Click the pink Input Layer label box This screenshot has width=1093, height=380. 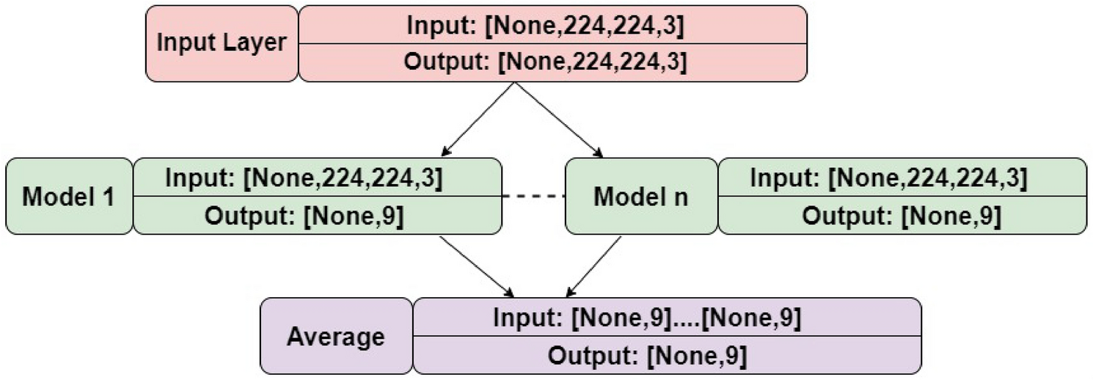(x=222, y=43)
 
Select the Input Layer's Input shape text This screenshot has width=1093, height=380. (x=545, y=26)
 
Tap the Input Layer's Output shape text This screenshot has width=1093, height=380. (x=545, y=62)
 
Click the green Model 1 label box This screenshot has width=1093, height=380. (x=69, y=197)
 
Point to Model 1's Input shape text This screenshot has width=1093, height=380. (x=304, y=178)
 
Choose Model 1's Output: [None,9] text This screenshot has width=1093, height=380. (x=304, y=216)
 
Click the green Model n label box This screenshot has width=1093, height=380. (x=640, y=197)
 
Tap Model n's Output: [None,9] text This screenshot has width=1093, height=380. (x=902, y=216)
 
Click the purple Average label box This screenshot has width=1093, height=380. (x=336, y=336)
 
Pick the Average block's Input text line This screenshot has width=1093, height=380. (x=646, y=318)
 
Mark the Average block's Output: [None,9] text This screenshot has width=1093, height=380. (x=646, y=355)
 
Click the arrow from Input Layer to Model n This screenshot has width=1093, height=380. (x=558, y=119)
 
